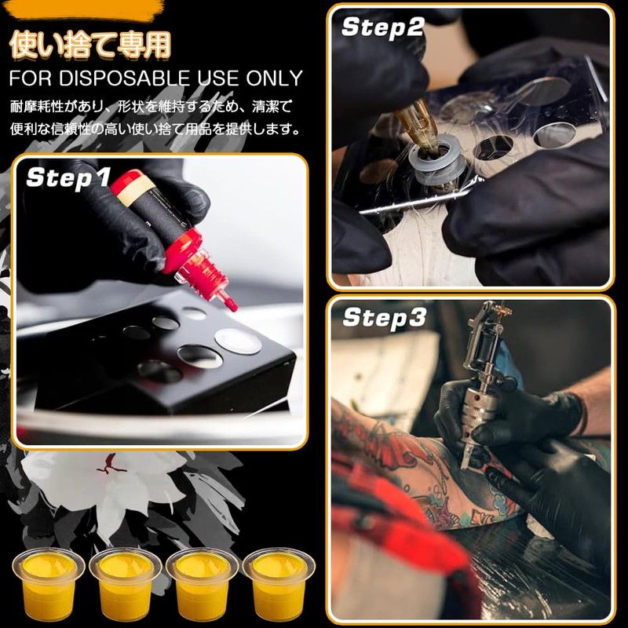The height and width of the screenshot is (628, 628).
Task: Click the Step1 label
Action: tap(68, 177)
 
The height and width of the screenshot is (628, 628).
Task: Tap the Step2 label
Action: tap(382, 27)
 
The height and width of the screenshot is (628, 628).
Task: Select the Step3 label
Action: tap(384, 319)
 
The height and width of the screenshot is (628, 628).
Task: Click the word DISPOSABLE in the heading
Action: tap(125, 78)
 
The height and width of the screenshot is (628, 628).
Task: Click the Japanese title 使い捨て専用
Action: tap(90, 45)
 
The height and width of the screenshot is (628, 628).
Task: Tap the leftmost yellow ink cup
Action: tap(49, 583)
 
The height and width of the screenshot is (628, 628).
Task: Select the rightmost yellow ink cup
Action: tap(279, 583)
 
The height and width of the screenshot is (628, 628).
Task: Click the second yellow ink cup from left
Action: tap(126, 583)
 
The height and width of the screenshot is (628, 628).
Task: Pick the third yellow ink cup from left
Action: tap(203, 583)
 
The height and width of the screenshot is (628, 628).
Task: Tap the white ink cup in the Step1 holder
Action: tap(238, 341)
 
